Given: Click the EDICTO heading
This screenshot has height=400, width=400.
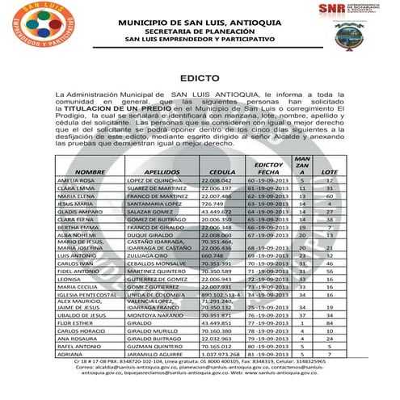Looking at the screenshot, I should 200,80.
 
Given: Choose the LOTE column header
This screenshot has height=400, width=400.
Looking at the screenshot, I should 329,172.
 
